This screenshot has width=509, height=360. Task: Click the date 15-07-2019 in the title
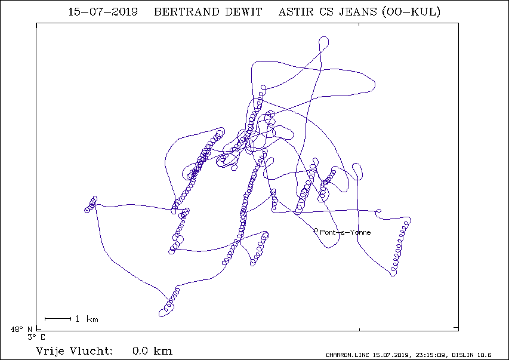click(x=103, y=12)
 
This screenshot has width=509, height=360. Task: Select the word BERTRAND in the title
click(x=187, y=12)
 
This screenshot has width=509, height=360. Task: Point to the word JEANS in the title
click(x=358, y=12)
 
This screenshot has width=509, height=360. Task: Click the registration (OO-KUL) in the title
click(x=411, y=12)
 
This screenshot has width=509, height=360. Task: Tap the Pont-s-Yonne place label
click(x=345, y=232)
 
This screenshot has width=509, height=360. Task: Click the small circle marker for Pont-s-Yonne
click(x=316, y=230)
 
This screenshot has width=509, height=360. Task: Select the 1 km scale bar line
click(x=58, y=319)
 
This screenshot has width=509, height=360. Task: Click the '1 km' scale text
click(x=87, y=319)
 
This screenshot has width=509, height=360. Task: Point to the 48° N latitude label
click(x=21, y=330)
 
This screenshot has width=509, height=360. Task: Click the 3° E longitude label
click(x=36, y=337)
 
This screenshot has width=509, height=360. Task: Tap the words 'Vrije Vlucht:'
click(x=74, y=351)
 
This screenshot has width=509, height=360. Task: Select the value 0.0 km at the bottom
click(x=152, y=351)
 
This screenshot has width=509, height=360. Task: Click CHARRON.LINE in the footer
click(x=347, y=355)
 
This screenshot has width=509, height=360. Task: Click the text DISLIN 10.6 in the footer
click(x=471, y=355)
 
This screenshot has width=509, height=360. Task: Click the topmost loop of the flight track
click(x=324, y=37)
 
